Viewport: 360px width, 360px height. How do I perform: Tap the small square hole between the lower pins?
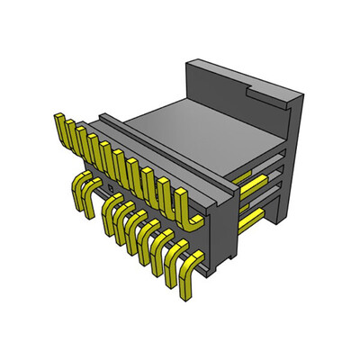click(x=116, y=197)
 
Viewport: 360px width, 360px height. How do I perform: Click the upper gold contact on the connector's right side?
click(x=252, y=184)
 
